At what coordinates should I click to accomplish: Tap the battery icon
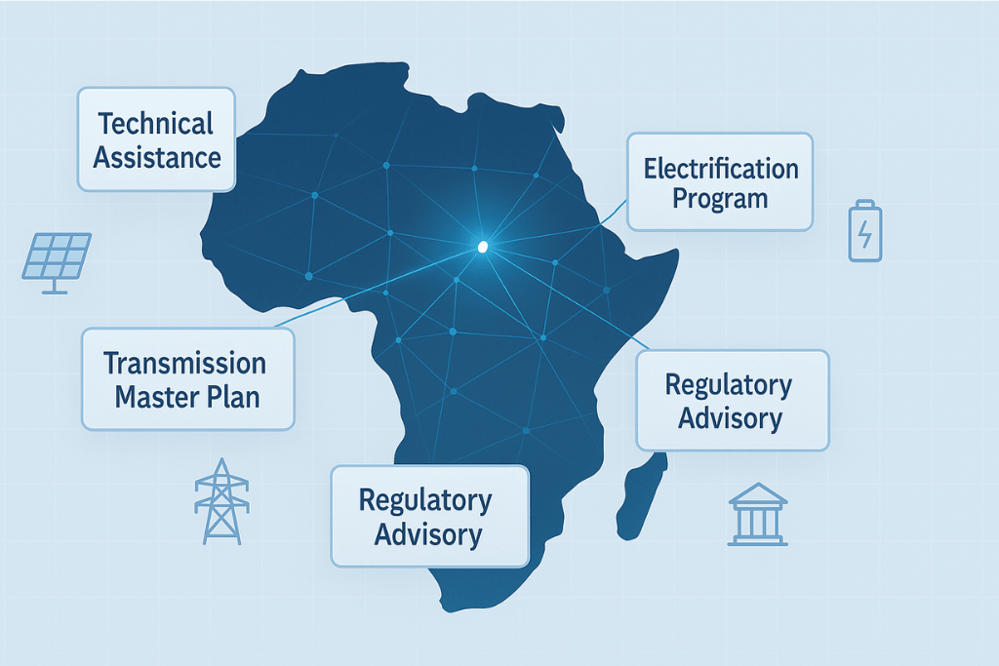click(x=864, y=231)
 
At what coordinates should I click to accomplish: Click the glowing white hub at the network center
click(x=482, y=248)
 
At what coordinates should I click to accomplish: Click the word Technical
click(x=156, y=124)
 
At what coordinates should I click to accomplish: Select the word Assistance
click(x=156, y=156)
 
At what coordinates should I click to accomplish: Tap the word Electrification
click(x=720, y=168)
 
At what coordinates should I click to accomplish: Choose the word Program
click(x=720, y=199)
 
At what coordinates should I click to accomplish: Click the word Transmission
click(x=185, y=364)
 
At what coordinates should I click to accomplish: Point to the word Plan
click(x=234, y=397)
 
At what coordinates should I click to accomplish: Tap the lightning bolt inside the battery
click(x=864, y=234)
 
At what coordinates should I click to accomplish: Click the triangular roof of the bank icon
click(x=758, y=492)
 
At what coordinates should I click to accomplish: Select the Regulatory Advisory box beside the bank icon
click(x=732, y=400)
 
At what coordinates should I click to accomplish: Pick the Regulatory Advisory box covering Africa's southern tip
click(x=429, y=516)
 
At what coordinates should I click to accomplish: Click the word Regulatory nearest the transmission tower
click(x=426, y=500)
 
